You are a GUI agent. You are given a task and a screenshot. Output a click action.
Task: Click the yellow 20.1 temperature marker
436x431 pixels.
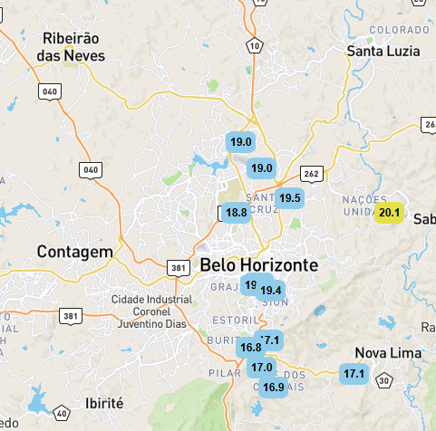[x=390, y=213]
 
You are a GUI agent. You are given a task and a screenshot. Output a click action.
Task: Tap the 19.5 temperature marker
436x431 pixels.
[x=290, y=198]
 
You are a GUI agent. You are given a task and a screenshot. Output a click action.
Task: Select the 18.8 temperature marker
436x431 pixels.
[x=237, y=213]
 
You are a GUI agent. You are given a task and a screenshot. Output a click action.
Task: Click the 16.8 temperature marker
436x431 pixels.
[x=250, y=348]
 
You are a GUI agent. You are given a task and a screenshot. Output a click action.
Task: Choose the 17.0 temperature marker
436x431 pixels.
[x=262, y=368]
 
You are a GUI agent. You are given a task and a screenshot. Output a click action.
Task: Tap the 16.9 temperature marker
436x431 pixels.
[x=274, y=387]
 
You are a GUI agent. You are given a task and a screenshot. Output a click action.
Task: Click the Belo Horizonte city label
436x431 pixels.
[x=258, y=265]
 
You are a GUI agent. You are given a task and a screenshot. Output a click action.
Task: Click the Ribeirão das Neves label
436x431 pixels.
[x=71, y=47]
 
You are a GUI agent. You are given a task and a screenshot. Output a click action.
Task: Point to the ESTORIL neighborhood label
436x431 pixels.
[x=233, y=321]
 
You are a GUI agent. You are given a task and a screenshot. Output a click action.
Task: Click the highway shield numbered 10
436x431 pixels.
[x=256, y=44]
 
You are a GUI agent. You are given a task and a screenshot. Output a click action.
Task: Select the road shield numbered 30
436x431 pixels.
[x=384, y=382]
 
